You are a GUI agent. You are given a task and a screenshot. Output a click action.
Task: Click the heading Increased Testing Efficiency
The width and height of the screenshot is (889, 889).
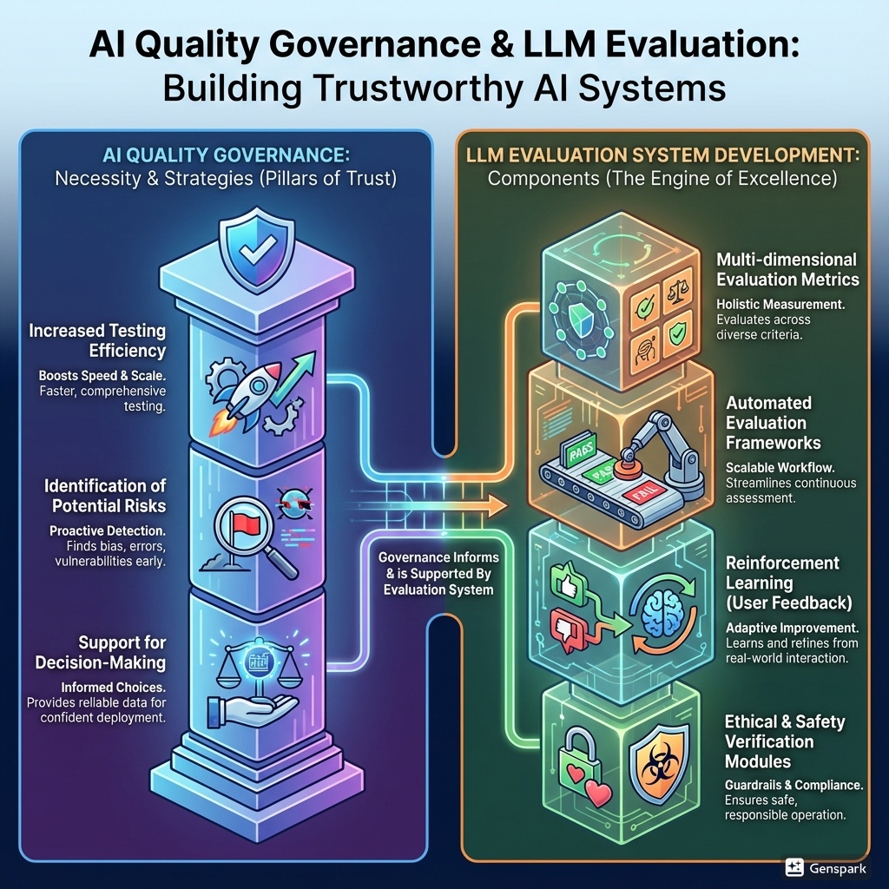[96, 340]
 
